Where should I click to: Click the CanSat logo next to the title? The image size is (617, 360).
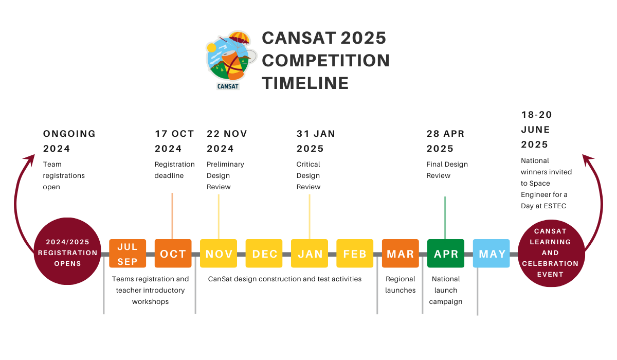click(x=230, y=60)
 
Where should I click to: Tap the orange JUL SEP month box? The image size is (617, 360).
click(x=128, y=254)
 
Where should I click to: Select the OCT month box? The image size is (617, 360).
click(x=173, y=254)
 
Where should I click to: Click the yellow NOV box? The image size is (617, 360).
click(x=219, y=254)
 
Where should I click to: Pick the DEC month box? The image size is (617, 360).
click(x=264, y=254)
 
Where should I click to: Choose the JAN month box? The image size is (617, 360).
click(x=310, y=254)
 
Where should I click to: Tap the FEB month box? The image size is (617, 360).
click(x=355, y=254)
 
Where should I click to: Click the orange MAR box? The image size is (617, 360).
click(x=401, y=254)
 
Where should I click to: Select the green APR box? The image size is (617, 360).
click(x=446, y=254)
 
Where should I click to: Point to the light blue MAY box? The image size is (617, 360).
click(x=492, y=254)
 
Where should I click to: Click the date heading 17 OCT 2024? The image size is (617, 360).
click(x=174, y=141)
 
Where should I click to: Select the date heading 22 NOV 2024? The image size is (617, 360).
click(x=227, y=141)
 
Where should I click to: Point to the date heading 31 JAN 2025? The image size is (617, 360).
click(x=315, y=141)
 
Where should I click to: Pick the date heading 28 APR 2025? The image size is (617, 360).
click(x=445, y=141)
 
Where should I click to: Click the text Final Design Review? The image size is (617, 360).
click(x=447, y=170)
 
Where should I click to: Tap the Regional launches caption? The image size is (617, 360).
click(x=400, y=284)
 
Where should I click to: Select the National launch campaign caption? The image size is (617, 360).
click(x=446, y=290)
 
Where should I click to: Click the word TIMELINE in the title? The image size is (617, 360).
click(x=305, y=83)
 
